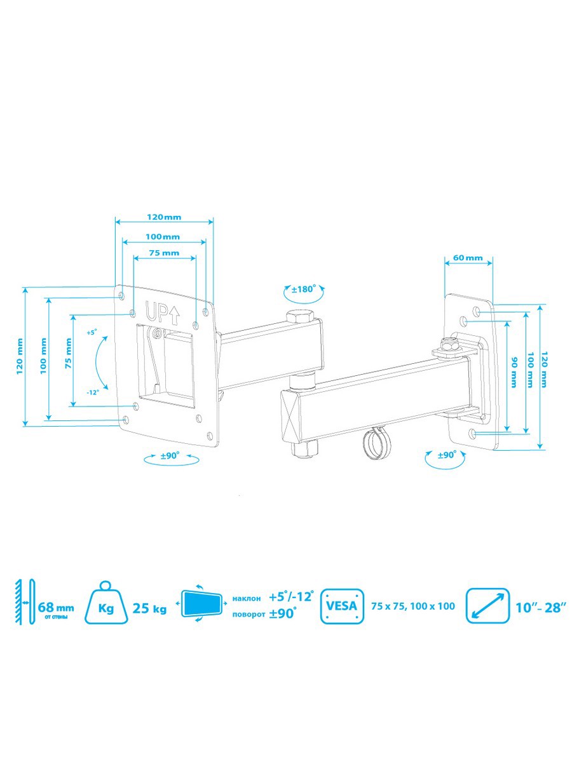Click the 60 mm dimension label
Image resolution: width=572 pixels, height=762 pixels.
[468, 258]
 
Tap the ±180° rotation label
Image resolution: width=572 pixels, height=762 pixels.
[304, 289]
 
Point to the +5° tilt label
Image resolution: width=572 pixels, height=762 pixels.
[91, 332]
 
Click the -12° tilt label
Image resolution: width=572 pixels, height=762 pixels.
[93, 392]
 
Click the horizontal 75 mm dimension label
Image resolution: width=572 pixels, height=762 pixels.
[164, 253]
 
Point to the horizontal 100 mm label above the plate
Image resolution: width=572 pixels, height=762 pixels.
[163, 237]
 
